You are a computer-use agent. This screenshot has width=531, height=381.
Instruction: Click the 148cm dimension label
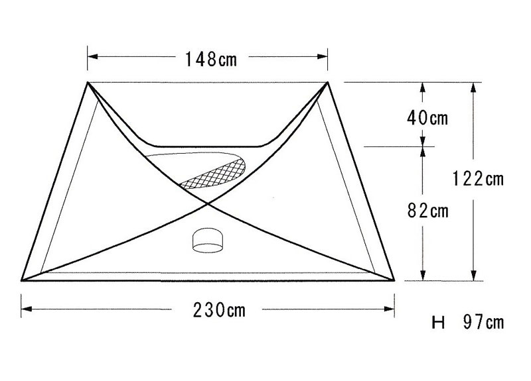210,59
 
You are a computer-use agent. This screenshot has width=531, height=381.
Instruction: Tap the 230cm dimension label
219,310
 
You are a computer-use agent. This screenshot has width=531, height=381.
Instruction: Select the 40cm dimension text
427,118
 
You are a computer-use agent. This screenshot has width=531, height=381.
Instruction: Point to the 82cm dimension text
427,211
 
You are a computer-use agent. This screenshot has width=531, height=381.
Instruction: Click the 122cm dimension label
478,178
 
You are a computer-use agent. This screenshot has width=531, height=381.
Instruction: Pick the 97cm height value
484,322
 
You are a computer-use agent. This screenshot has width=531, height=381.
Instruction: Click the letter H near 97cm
438,323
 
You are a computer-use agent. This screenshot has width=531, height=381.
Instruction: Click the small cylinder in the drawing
208,240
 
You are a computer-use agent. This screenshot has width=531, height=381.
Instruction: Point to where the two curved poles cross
208,203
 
